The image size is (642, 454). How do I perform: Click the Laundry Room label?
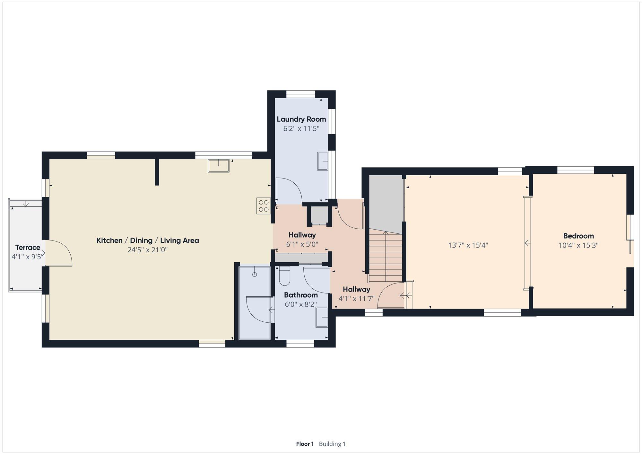[x=301, y=119]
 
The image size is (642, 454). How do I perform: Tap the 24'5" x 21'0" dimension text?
[x=148, y=250]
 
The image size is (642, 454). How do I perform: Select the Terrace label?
[x=28, y=247]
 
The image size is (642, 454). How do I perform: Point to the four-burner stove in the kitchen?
[x=264, y=206]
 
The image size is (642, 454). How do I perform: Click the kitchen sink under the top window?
[x=219, y=166]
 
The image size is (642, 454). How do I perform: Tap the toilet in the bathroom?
[x=285, y=276]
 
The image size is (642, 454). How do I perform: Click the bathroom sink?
[x=322, y=317]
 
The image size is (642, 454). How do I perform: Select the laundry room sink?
[x=323, y=161]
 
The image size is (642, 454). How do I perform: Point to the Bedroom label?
[x=578, y=236]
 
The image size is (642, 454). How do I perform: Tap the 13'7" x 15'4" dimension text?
[x=468, y=245]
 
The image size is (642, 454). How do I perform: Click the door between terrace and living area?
[x=59, y=253]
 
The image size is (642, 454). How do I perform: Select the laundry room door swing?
[x=289, y=191]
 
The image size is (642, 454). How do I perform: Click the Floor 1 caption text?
[x=305, y=444]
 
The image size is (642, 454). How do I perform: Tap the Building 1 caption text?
[x=332, y=444]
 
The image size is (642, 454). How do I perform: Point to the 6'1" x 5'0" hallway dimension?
[x=302, y=244]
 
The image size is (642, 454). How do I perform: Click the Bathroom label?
[x=301, y=295]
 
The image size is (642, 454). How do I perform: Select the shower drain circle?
[x=255, y=274]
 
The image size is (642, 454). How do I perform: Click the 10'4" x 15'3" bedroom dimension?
[x=578, y=245]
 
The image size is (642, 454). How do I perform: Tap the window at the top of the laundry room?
[x=301, y=94]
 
